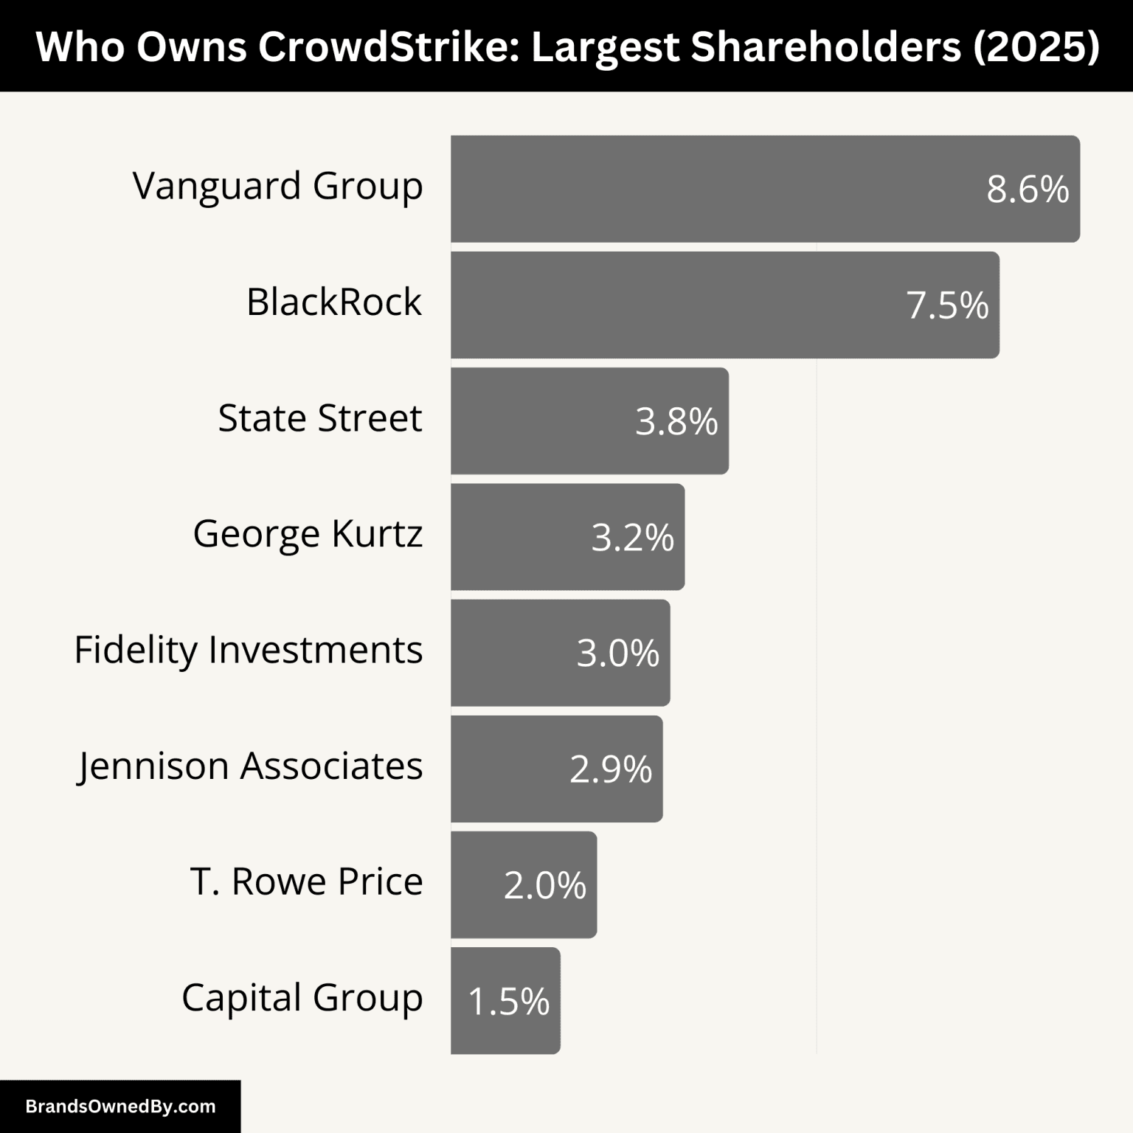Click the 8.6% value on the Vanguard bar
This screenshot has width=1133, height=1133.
pyautogui.click(x=1028, y=190)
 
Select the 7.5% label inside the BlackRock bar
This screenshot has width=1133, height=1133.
pyautogui.click(x=947, y=305)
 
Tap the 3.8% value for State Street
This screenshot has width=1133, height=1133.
pyautogui.click(x=676, y=421)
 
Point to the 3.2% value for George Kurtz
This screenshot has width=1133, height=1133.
pyautogui.click(x=632, y=537)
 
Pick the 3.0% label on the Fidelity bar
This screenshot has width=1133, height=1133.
pyautogui.click(x=617, y=653)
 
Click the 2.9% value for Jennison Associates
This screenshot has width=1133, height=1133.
pyautogui.click(x=611, y=769)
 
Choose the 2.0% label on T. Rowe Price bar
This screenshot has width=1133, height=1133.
pyautogui.click(x=544, y=884)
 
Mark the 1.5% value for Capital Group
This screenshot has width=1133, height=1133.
pyautogui.click(x=508, y=1001)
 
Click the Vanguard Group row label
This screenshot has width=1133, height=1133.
pyautogui.click(x=277, y=185)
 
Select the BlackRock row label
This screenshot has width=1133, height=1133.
pyautogui.click(x=333, y=302)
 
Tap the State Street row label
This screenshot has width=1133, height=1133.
pyautogui.click(x=319, y=417)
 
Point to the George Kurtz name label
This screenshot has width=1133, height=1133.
pyautogui.click(x=308, y=533)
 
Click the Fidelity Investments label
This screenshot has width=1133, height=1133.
pyautogui.click(x=248, y=650)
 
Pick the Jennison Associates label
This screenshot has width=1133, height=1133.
pyautogui.click(x=250, y=766)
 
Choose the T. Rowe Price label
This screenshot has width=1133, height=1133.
pyautogui.click(x=306, y=881)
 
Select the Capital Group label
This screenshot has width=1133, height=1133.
pyautogui.click(x=302, y=997)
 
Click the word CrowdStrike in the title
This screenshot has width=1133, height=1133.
pyautogui.click(x=389, y=46)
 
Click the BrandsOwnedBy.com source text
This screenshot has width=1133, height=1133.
pyautogui.click(x=120, y=1106)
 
